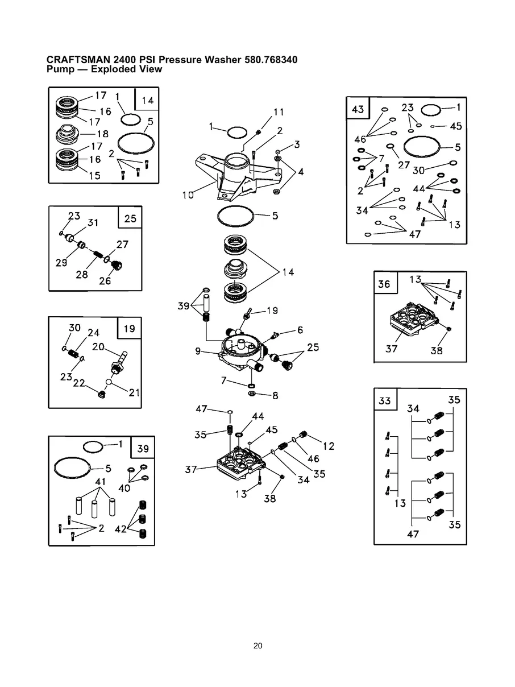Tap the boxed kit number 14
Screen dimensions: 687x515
147,100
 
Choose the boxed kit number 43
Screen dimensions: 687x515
358,109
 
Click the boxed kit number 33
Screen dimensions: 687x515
385,400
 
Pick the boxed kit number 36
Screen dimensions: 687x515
384,283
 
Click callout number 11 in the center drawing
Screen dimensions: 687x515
278,113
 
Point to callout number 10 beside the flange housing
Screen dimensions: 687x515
188,195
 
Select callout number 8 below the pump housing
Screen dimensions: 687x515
275,396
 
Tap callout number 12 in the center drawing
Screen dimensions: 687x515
329,446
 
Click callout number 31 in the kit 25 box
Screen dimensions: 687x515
93,224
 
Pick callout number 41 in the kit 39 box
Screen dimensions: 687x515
101,482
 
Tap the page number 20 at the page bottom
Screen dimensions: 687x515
257,646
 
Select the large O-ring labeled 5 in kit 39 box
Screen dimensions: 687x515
73,468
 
